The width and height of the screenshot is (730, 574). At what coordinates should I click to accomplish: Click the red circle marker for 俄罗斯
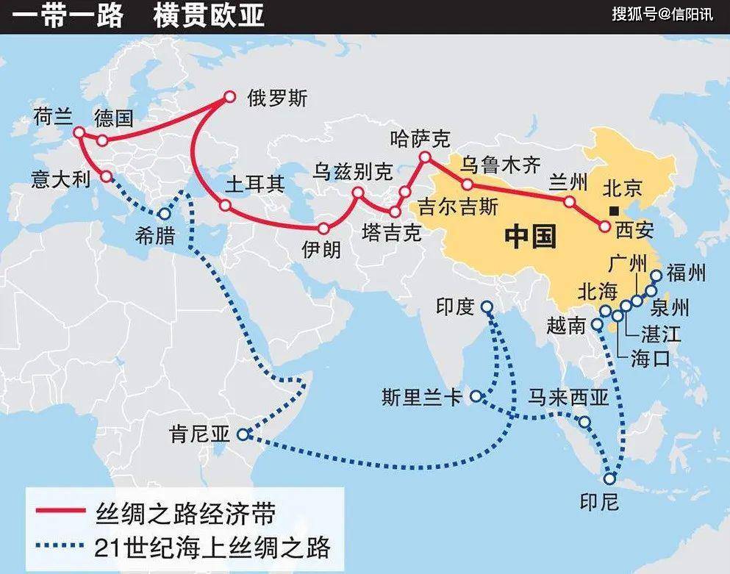click(229, 96)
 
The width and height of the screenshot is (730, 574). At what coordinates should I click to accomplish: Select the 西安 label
click(634, 229)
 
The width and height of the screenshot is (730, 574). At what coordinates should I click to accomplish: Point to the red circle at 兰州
click(569, 201)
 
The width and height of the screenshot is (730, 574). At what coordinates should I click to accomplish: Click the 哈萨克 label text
click(421, 137)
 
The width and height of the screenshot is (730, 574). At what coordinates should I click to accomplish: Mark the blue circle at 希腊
click(163, 214)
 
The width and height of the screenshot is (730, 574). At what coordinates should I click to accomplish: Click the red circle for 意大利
click(107, 176)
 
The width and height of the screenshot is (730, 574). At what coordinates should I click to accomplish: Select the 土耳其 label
click(255, 183)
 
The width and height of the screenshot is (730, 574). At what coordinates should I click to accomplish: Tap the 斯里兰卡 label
click(421, 398)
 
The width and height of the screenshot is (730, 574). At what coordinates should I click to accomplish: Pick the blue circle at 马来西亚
click(584, 422)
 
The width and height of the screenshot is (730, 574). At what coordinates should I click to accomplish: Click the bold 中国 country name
click(530, 237)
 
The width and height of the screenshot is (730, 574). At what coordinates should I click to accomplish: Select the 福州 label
click(686, 274)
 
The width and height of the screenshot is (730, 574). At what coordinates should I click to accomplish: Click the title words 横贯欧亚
click(210, 16)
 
